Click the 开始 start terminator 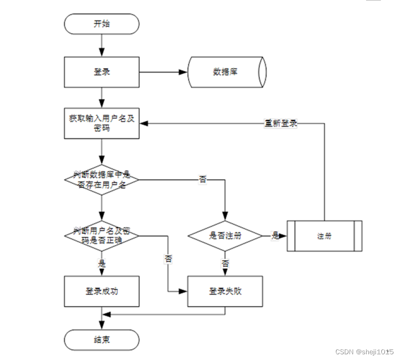101,24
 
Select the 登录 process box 101,72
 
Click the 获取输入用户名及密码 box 101,123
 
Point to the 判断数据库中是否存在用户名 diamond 101,180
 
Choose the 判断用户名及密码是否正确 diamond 101,236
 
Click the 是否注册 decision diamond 225,236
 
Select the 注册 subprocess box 324,236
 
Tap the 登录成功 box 101,291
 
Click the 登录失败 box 225,291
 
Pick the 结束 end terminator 101,339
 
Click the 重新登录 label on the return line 281,123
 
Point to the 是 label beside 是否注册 275,236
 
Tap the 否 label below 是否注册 225,263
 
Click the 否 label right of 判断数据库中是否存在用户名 203,180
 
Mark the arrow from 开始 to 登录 101,45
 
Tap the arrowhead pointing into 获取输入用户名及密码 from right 144,123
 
